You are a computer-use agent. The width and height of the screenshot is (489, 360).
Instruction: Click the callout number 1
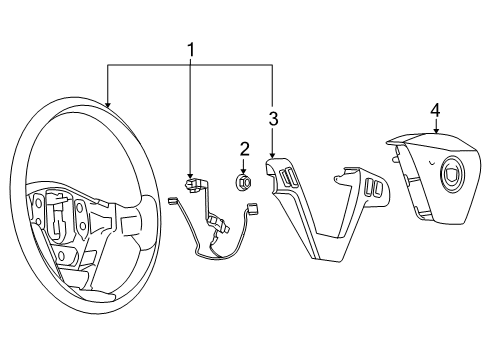189,49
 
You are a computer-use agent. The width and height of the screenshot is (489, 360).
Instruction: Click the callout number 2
243,149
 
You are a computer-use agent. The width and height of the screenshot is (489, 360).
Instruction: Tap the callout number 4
435,109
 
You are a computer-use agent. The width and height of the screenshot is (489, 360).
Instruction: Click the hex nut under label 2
243,182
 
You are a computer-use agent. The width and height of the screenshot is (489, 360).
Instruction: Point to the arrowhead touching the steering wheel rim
107,104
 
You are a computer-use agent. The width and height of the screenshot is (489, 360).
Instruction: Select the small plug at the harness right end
253,207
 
